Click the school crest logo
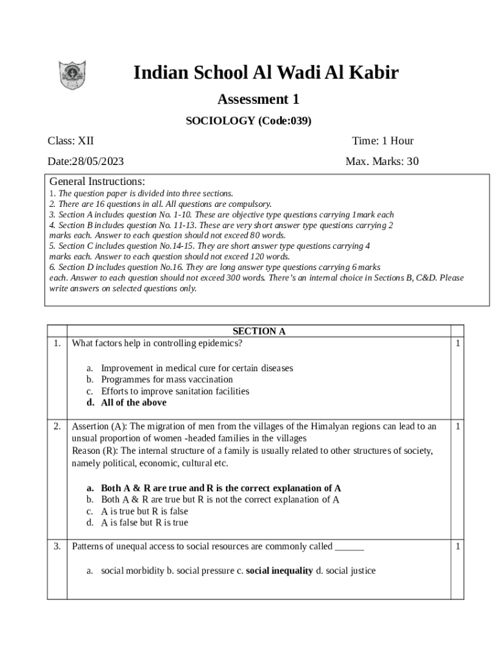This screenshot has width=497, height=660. tap(72, 75)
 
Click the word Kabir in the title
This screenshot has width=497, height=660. tap(373, 73)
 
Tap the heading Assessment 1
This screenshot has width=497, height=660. tap(258, 99)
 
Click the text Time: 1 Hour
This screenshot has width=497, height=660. tap(383, 141)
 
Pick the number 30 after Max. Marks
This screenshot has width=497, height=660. tap(412, 161)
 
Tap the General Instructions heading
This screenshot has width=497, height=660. tap(97, 181)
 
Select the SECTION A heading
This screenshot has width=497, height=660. tap(259, 331)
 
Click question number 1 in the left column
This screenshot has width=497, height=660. tap(57, 344)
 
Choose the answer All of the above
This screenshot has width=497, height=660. tap(134, 403)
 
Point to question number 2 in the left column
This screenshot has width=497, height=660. tap(57, 426)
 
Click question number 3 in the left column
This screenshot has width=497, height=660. tap(57, 547)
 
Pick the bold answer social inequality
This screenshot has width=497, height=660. tap(279, 571)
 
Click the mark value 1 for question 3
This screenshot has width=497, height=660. tap(458, 547)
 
